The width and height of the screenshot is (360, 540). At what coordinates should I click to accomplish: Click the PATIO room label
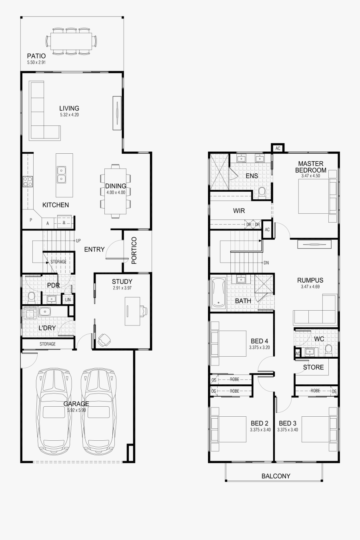coord(36,56)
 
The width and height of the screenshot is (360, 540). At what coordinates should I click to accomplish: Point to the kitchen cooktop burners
coord(28,182)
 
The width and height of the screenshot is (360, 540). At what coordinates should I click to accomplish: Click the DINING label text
coord(116,186)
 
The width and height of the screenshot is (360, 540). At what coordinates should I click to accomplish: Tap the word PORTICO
coord(134,251)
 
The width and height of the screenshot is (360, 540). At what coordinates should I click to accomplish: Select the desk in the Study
coord(132,311)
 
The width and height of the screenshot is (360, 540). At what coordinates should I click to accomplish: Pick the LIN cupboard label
coord(68,299)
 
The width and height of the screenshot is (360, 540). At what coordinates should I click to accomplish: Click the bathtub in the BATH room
coord(218,293)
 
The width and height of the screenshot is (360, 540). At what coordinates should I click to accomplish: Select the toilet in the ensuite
coord(262,192)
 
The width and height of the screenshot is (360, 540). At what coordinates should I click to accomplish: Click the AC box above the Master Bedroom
coord(278,149)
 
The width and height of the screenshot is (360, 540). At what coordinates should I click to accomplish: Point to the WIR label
coord(239,211)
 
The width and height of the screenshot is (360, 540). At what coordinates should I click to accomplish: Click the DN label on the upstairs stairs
coord(266,263)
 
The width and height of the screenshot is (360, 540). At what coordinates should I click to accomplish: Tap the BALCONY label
coord(276,476)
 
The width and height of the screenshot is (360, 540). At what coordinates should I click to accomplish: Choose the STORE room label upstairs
coord(313,367)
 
